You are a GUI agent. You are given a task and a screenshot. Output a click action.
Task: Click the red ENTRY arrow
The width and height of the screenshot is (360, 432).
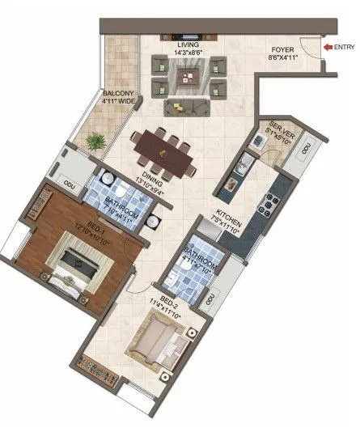point(327,48)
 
